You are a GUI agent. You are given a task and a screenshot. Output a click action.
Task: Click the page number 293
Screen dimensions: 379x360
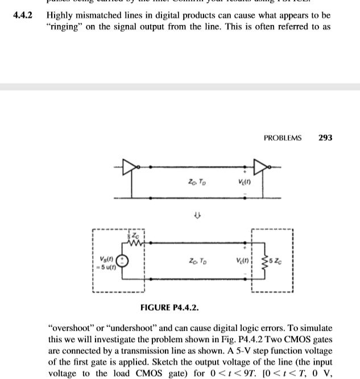pos(325,138)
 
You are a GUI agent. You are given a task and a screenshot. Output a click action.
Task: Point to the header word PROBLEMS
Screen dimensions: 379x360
pos(283,138)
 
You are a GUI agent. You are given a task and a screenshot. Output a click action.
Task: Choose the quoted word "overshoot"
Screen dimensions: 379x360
pos(68,328)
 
